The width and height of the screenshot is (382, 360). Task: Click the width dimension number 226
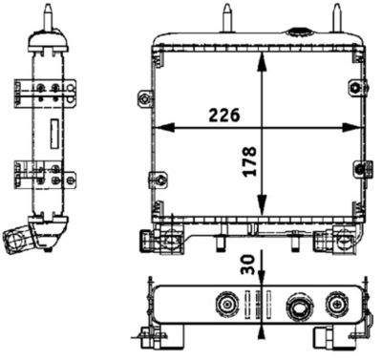click(221, 115)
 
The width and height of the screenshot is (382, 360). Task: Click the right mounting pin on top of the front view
click(336, 18)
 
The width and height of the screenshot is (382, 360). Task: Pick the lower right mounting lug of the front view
click(364, 169)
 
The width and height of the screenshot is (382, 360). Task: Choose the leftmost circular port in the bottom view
click(226, 306)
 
